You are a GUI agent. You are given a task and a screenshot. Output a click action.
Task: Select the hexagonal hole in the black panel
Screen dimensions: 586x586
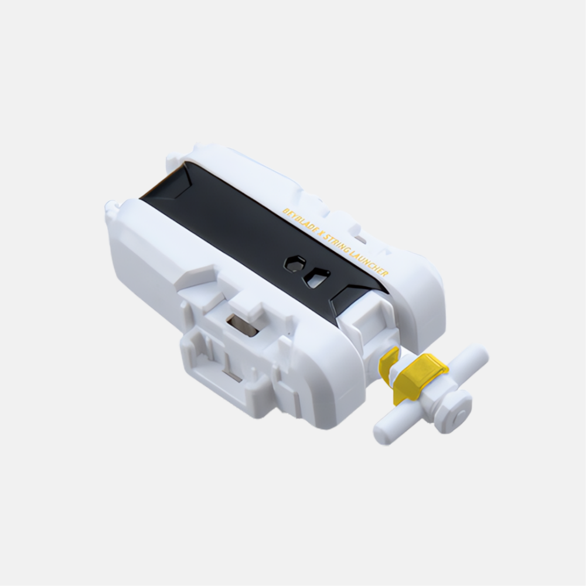(294, 264)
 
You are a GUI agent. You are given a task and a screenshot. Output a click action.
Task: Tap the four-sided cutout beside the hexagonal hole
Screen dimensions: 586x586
(316, 278)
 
